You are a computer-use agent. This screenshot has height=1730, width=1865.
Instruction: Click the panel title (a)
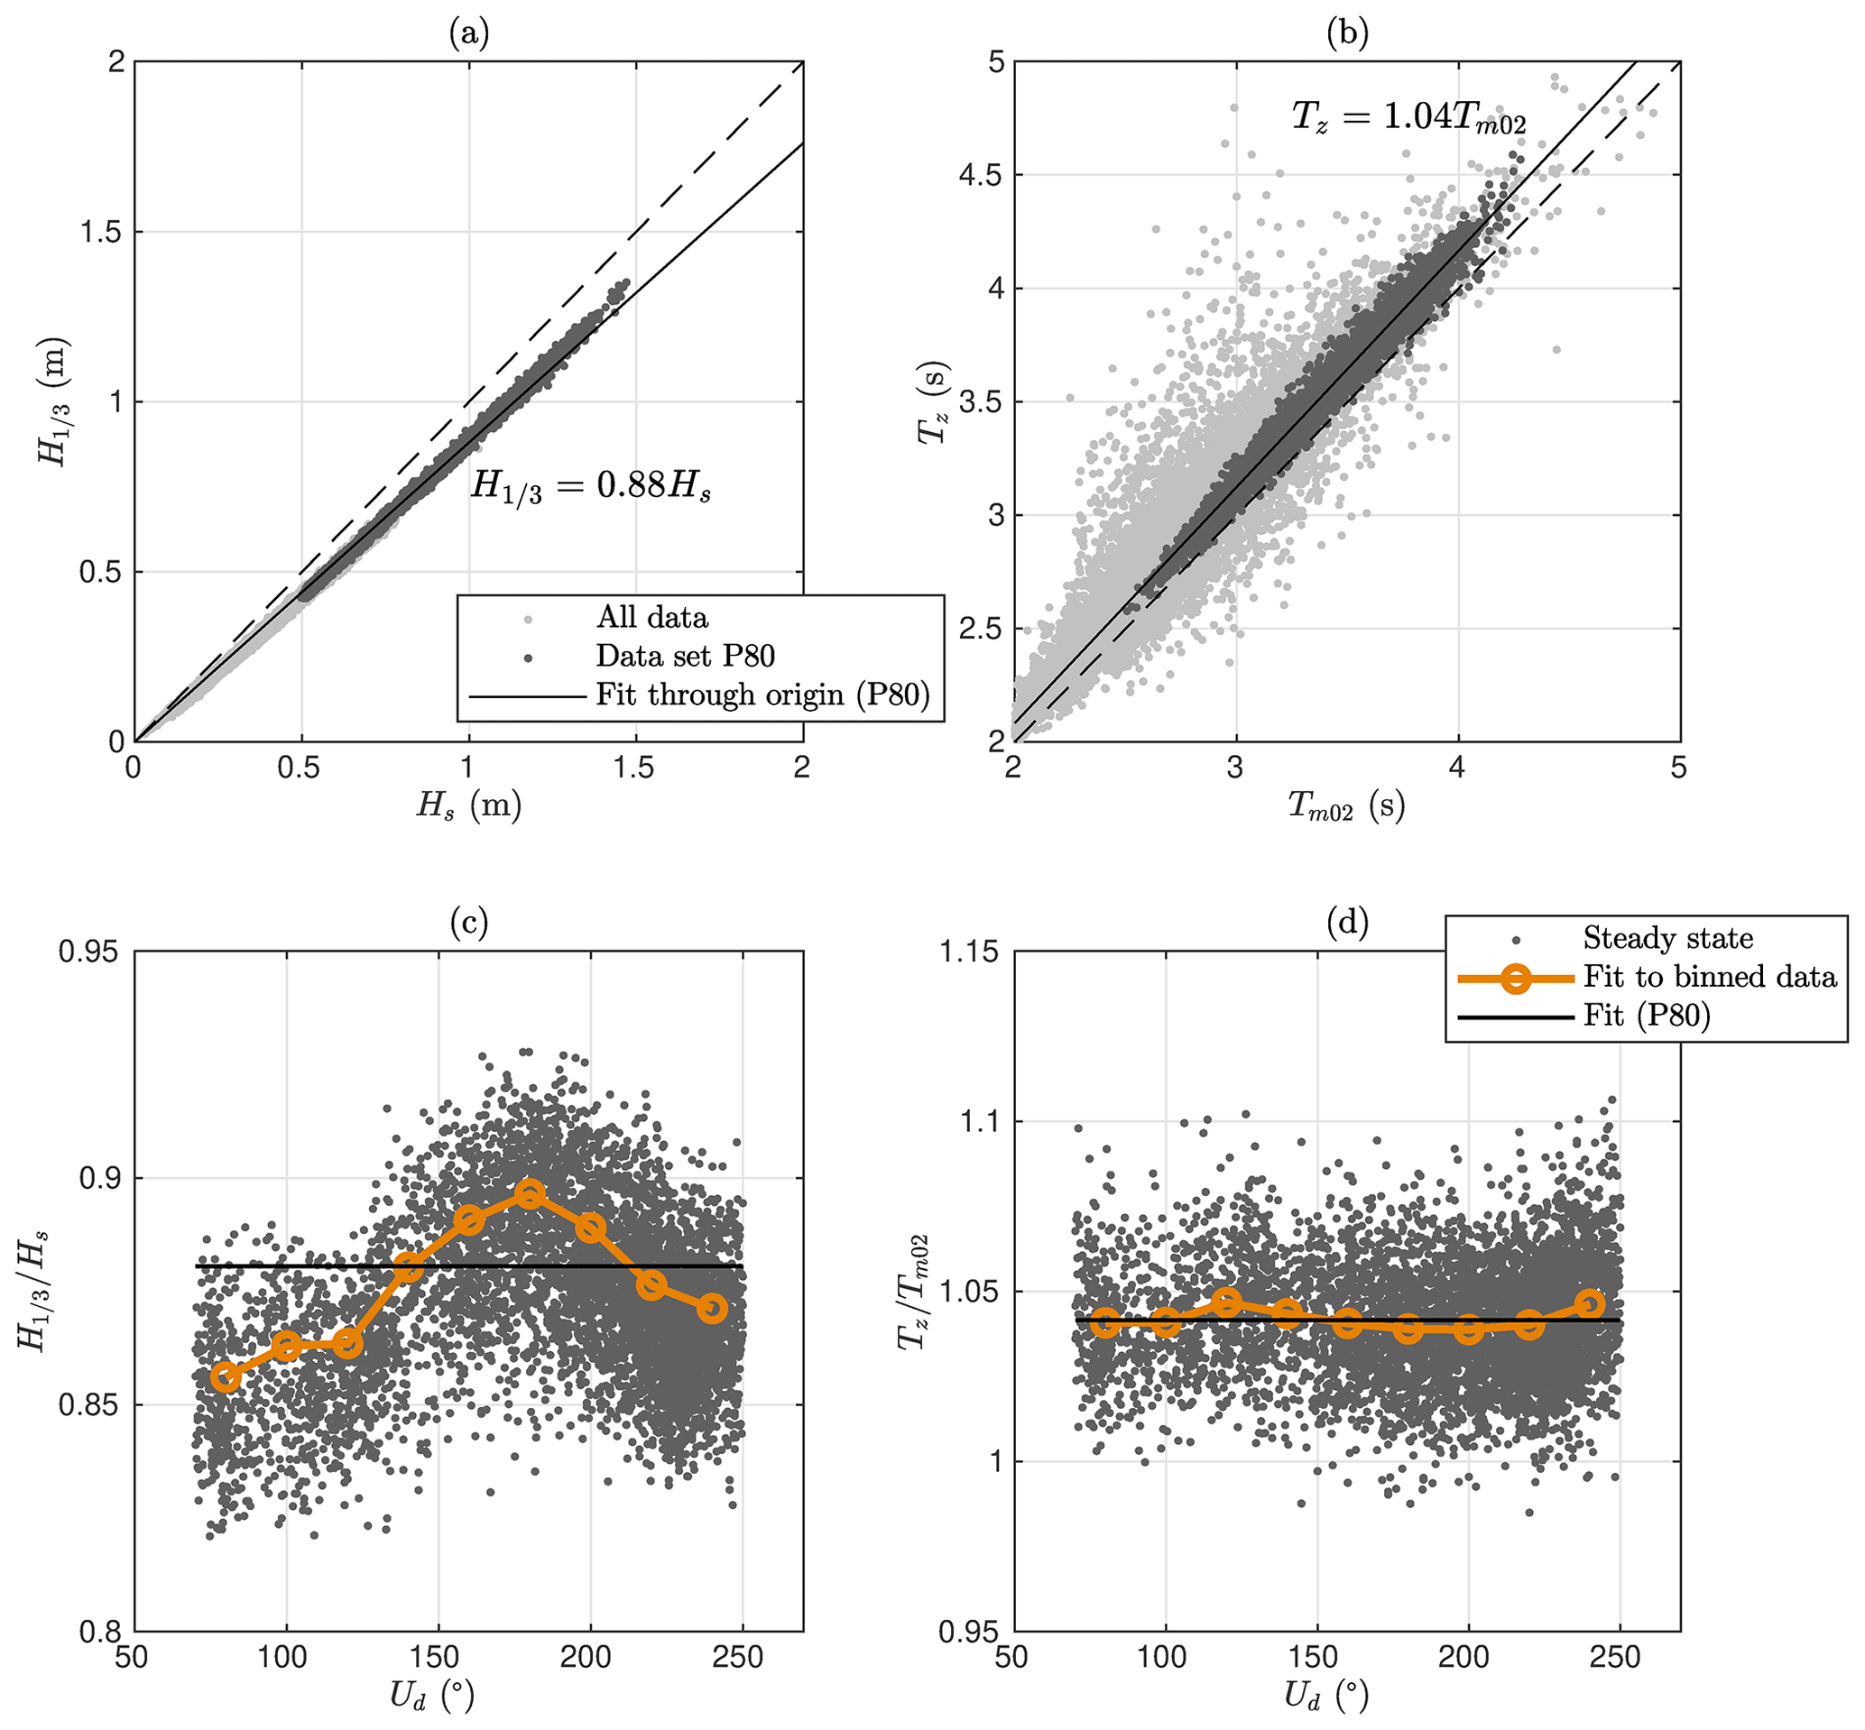coord(468,34)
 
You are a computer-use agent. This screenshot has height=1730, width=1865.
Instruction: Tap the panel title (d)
coord(1347,924)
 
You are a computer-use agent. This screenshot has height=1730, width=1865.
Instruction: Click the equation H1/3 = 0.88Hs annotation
coord(591,486)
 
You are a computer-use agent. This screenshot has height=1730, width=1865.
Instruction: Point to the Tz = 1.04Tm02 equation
coord(1409,118)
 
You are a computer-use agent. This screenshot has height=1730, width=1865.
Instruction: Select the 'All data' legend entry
coord(651,618)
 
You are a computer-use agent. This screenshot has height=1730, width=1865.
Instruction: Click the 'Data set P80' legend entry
coord(686,657)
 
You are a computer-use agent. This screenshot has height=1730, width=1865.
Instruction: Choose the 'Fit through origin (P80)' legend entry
coord(762,695)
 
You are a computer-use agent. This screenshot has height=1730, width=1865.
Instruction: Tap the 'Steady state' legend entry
coord(1667,938)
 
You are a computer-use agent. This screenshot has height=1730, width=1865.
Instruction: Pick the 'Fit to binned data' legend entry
coord(1710,978)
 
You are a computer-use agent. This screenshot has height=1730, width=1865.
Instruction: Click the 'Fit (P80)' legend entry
coord(1647,1016)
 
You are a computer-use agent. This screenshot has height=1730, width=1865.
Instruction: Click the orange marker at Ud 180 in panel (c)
coord(530,1193)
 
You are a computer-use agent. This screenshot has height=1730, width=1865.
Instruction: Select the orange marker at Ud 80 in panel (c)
coord(226,1376)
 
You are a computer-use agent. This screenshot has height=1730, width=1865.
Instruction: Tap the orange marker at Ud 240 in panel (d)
coord(1590,1304)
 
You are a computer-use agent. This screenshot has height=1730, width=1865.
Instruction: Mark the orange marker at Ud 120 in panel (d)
coord(1226,1302)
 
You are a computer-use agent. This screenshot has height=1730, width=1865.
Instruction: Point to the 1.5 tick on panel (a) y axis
coord(101,232)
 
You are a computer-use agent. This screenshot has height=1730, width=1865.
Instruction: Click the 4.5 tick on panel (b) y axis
coord(980,175)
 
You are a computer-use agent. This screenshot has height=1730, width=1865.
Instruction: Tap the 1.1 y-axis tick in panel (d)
coord(983,1121)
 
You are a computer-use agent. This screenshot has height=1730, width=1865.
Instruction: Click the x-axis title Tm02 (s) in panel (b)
coord(1346,805)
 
